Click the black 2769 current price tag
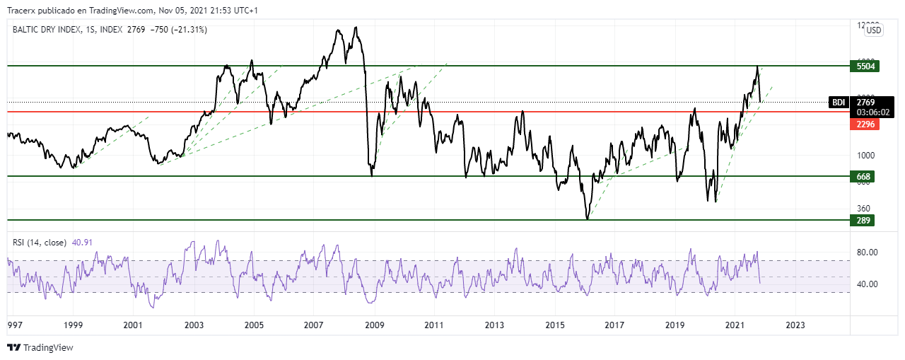tap(865, 103)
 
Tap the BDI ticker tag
tap(839, 103)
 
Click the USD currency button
tap(874, 30)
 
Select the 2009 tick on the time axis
tap(373, 325)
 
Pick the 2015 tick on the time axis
tap(555, 325)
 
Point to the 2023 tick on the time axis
tap(795, 325)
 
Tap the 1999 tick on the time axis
tap(73, 325)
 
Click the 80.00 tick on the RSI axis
tap(868, 252)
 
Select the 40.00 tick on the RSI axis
tap(868, 284)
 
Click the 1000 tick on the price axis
tap(866, 155)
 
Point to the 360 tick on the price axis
tap(863, 208)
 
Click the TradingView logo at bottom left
tap(40, 347)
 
